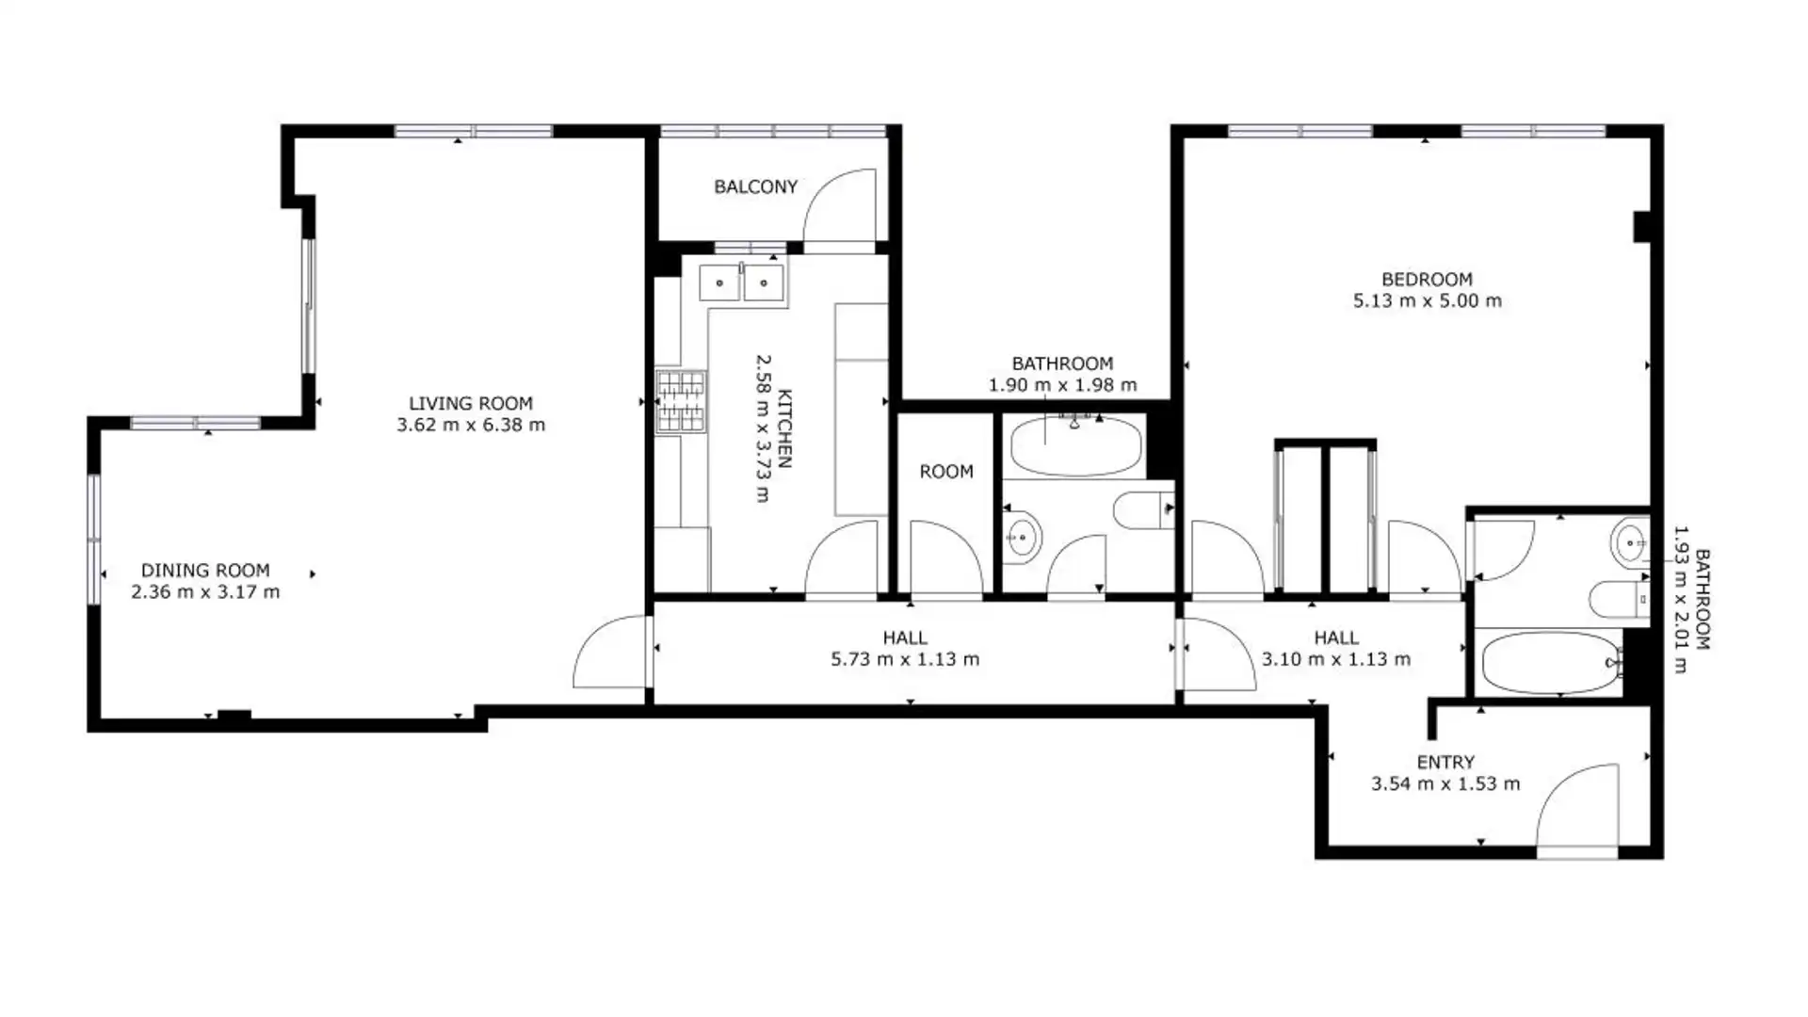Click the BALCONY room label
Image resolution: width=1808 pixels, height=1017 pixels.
755,186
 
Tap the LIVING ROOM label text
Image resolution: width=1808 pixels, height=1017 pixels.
471,403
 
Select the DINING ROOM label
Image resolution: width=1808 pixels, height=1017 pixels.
205,570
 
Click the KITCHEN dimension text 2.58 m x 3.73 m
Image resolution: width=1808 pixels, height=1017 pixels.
764,428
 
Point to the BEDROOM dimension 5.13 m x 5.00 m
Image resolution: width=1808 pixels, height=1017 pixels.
1428,301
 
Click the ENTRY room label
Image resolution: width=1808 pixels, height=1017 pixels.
1445,762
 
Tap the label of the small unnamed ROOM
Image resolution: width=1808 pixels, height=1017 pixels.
946,471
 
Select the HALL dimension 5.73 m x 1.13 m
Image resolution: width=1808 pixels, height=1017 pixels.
905,659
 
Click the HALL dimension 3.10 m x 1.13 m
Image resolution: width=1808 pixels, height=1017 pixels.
1336,659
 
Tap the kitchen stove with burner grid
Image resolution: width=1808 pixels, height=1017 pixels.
681,401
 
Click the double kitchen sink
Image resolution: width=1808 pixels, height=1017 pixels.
742,282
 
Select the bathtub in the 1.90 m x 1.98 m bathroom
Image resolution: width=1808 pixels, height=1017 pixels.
1075,446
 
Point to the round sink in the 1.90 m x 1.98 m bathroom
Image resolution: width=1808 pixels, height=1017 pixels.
1022,538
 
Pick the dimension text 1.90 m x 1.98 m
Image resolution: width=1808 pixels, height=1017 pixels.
1063,385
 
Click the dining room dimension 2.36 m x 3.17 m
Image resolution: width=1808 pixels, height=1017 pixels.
205,592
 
